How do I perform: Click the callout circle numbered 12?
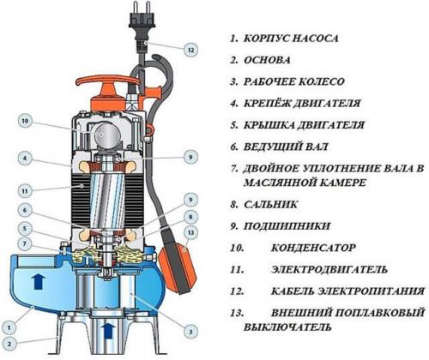(191, 51)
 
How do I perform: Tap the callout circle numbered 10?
(25, 121)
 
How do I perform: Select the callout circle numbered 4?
(25, 158)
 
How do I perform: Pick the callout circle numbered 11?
(25, 191)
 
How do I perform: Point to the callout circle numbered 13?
(190, 233)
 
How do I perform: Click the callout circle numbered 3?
(190, 332)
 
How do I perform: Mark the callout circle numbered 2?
(9, 344)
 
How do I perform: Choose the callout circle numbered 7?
(25, 243)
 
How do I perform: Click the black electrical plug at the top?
(141, 27)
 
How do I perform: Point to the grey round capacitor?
(106, 135)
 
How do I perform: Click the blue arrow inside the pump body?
(39, 281)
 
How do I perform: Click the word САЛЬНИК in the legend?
(270, 204)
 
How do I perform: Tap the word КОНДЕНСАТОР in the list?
(313, 248)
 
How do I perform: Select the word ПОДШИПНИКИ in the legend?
(287, 226)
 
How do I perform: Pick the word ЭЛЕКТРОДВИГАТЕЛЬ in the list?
(329, 269)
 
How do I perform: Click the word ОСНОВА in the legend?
(267, 60)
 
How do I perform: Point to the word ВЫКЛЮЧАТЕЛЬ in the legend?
(287, 327)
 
